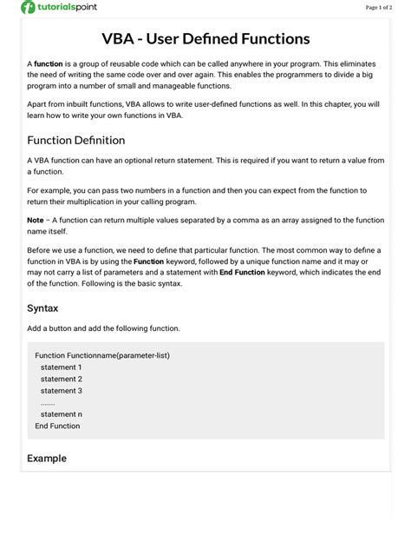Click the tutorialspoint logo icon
tap(28, 8)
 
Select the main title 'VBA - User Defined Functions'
tap(205, 39)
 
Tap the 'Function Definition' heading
tap(76, 140)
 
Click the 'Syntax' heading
tap(42, 308)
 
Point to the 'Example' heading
tap(47, 458)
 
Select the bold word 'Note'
tap(36, 220)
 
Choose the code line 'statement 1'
tap(61, 367)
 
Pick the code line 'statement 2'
tap(61, 379)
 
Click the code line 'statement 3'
tap(61, 391)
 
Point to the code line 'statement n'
tap(61, 414)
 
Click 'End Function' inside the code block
tap(57, 426)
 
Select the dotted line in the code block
tap(48, 403)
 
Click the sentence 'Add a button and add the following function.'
tap(103, 328)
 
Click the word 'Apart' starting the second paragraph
tap(37, 103)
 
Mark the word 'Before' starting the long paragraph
tap(40, 248)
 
